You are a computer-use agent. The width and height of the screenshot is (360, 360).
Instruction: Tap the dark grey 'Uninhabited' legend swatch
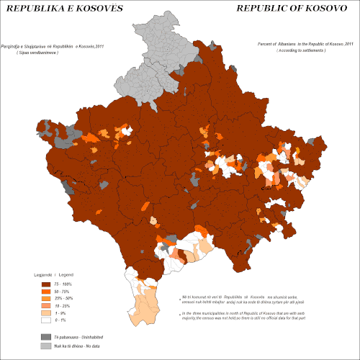click(46, 337)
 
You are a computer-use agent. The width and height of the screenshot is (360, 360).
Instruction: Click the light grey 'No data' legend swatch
click(46, 346)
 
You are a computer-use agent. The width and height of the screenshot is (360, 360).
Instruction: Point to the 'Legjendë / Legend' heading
click(53, 276)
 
